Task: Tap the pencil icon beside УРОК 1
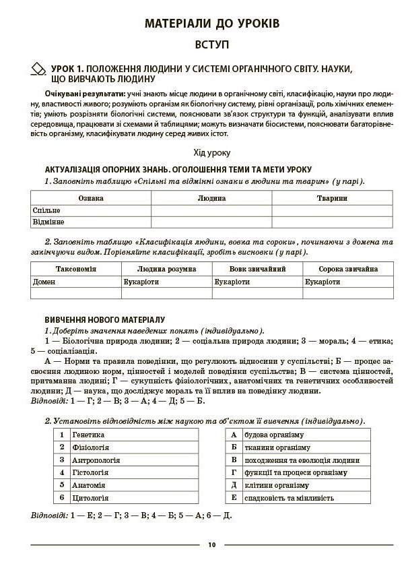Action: click(x=38, y=69)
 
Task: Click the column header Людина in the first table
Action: click(x=211, y=199)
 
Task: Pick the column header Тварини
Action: click(x=332, y=199)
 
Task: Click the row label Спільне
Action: click(x=46, y=210)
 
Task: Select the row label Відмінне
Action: click(x=48, y=222)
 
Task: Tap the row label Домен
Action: click(x=44, y=281)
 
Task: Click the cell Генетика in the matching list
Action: click(x=88, y=435)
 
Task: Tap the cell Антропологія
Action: click(x=96, y=460)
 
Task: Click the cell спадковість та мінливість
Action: click(x=289, y=498)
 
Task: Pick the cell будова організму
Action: click(x=274, y=435)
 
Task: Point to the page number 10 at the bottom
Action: click(x=211, y=544)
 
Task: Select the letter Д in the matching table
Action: click(x=234, y=485)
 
